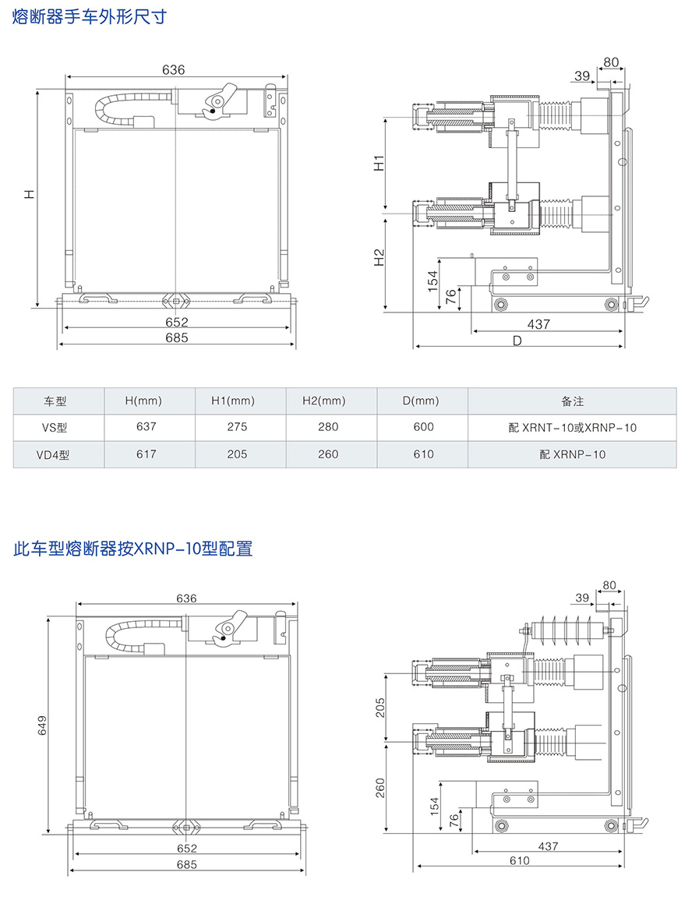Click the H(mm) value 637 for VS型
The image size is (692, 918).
coord(146,427)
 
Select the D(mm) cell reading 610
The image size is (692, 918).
coord(423,454)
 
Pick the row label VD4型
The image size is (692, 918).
coord(55,454)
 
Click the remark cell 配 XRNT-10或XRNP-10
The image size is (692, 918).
coord(572,427)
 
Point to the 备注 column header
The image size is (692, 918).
coord(572,401)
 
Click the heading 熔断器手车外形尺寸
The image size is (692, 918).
coord(90,16)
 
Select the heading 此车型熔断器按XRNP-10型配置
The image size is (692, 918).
coord(133,549)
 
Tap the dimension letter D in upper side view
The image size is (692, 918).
coord(517,340)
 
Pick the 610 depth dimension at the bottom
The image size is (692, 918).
coord(519,860)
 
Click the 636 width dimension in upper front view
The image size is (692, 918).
coord(173,70)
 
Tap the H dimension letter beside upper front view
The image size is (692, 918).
coord(29,194)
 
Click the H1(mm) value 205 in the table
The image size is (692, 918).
coord(237,454)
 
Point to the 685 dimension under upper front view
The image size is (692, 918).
coord(177,337)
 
